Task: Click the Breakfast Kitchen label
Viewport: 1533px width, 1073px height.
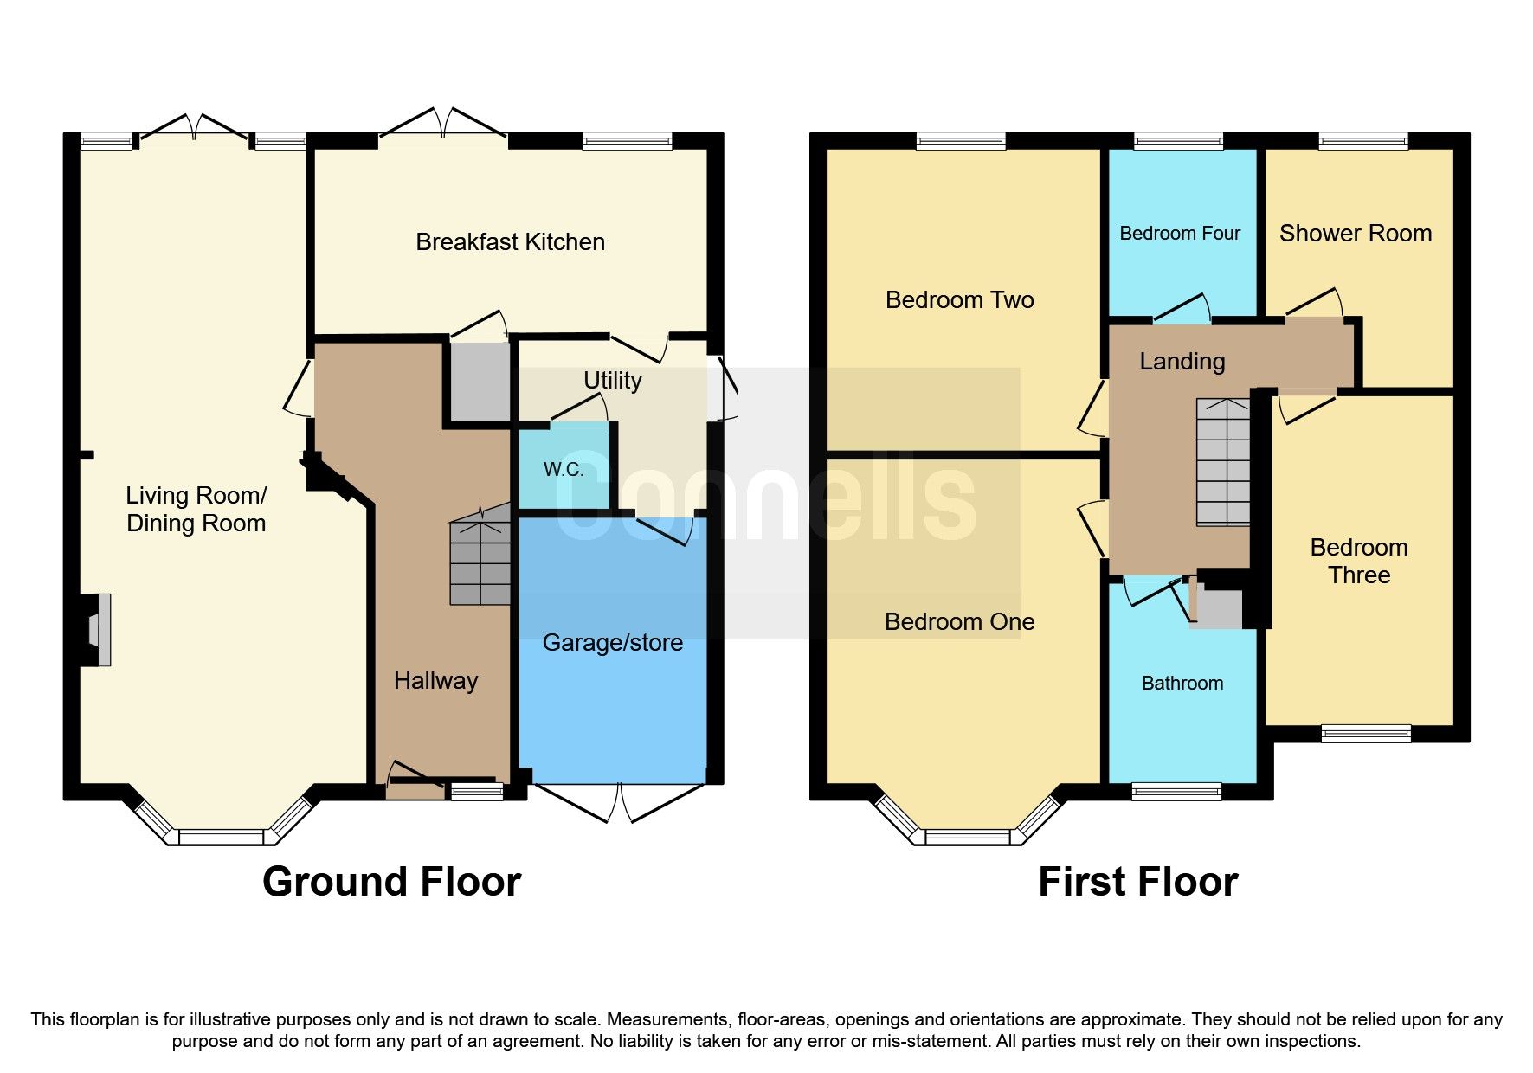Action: (510, 242)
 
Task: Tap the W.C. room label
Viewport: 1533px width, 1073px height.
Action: (564, 470)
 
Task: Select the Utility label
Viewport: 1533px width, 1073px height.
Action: (612, 381)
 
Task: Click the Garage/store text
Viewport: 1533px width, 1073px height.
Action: (612, 643)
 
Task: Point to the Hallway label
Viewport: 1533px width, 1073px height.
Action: (435, 681)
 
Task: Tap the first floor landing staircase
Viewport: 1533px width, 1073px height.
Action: (1223, 463)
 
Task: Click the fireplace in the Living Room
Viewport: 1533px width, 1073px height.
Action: (98, 630)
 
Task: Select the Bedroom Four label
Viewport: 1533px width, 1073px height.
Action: (1179, 234)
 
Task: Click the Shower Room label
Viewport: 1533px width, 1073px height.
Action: (1355, 234)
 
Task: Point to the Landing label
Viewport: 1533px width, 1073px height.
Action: (1182, 362)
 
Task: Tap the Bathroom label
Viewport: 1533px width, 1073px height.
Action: (1182, 684)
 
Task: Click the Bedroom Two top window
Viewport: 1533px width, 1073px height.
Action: (960, 141)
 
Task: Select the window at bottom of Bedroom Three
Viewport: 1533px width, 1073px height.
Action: (1365, 734)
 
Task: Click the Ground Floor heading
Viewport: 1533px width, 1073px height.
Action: (391, 883)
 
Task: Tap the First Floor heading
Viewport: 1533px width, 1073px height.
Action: (1137, 883)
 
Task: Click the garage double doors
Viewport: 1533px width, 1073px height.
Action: (619, 800)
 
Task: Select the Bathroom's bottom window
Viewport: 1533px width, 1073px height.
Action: (1176, 791)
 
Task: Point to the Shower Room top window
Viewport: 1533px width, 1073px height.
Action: (1362, 141)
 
